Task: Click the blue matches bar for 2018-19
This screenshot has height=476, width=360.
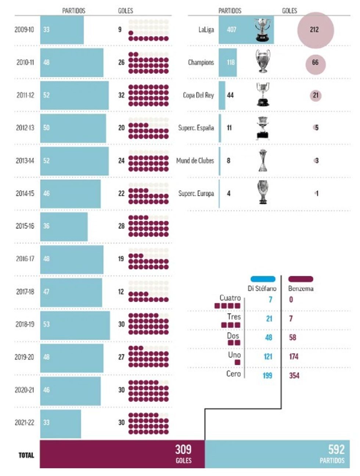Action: pos(75,325)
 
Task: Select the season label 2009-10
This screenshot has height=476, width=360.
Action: pos(24,29)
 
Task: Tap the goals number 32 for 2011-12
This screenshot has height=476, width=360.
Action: pos(121,95)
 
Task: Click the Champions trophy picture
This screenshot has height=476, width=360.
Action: pos(263,62)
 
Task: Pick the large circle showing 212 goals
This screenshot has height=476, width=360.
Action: pos(315,30)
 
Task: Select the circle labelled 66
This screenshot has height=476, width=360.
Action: pos(316,63)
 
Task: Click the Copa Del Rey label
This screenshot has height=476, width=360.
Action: pos(198,95)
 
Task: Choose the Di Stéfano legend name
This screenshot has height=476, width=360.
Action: pos(262,289)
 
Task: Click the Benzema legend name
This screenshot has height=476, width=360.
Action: pos(301,289)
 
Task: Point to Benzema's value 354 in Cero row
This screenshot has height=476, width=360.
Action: pos(294,375)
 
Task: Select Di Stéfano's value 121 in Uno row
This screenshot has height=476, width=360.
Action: pos(268,356)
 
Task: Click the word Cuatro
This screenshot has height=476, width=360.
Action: pos(230,298)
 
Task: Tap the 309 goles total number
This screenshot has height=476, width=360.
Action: pos(183,449)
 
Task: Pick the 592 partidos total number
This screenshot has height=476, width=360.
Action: pos(336,449)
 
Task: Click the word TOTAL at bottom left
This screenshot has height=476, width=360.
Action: pos(26,455)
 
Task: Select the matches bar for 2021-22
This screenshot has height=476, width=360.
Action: pos(61,423)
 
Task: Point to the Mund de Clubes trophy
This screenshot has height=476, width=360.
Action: pos(263,161)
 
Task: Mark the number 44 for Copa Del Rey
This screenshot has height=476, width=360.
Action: pos(230,95)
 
